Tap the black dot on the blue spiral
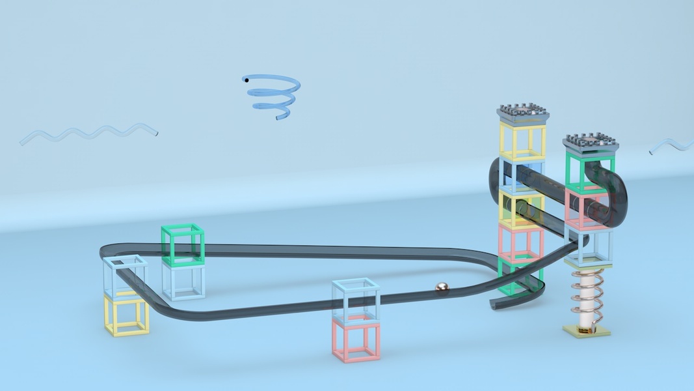246,80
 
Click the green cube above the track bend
183,244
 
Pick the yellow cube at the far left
127,315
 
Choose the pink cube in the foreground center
356,339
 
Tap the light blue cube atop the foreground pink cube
355,299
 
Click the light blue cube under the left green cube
183,281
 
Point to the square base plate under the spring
587,331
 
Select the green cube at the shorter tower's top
589,171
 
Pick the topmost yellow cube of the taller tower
522,141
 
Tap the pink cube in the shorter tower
585,207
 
